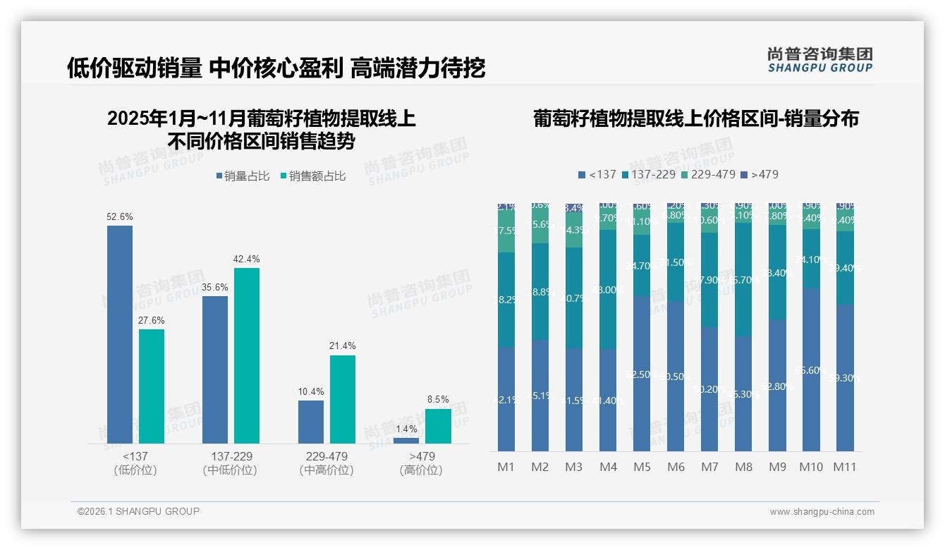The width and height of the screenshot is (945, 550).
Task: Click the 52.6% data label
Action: [120, 217]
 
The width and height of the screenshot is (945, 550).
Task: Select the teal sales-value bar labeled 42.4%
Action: [247, 355]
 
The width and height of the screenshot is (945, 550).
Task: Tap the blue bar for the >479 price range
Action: [406, 441]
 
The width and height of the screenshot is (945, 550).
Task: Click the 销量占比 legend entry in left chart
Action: [243, 176]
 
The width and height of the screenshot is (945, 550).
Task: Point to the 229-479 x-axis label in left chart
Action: [327, 456]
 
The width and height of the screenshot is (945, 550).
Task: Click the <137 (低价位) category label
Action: [135, 463]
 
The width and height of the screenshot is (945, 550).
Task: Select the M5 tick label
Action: [642, 467]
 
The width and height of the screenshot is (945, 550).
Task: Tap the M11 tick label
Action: [845, 467]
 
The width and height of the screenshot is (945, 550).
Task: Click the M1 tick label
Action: [506, 467]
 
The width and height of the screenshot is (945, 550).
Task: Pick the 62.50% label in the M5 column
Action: [642, 374]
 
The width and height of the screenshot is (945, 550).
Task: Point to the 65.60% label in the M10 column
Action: [811, 370]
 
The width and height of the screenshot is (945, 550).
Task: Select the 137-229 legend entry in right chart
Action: [647, 174]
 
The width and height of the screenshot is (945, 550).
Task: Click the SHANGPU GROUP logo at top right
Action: [819, 60]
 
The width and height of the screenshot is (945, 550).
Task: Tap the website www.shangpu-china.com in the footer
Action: [822, 512]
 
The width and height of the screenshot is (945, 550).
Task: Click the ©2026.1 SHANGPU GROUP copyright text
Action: [138, 511]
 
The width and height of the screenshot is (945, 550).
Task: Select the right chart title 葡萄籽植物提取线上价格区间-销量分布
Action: [695, 118]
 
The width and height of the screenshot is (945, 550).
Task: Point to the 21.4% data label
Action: [343, 346]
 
